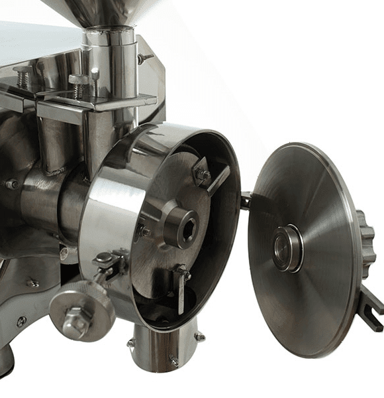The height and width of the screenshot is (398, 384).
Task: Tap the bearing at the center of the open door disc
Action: point(287,248)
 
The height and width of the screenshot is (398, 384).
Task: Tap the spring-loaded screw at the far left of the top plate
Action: point(24,76)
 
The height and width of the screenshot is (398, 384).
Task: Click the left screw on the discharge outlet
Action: point(132,343)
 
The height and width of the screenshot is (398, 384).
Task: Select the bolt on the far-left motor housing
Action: point(11,184)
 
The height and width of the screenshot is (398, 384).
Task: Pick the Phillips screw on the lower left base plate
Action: point(21,321)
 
